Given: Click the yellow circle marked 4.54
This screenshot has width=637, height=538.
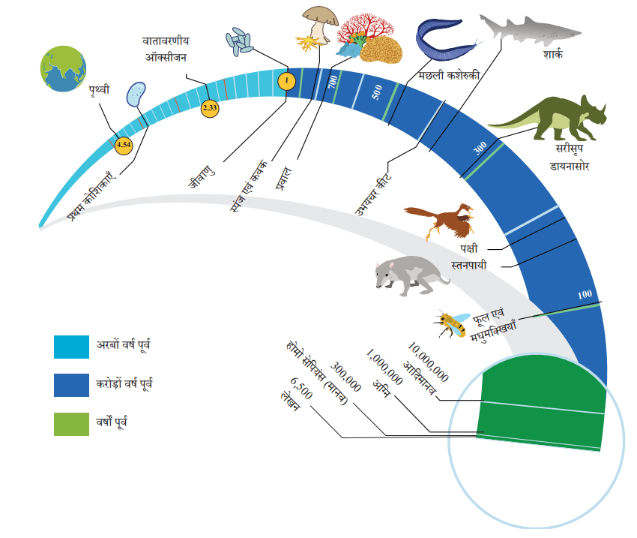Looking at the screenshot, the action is (x=124, y=145).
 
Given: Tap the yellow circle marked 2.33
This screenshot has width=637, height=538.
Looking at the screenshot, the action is (x=210, y=108).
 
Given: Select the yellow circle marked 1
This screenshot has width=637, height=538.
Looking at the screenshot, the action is (x=286, y=80).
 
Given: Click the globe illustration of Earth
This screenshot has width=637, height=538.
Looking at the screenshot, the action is (x=63, y=68).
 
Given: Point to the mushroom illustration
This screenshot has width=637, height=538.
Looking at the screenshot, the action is (x=320, y=25).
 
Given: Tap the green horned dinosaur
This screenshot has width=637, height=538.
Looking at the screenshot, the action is (x=548, y=117).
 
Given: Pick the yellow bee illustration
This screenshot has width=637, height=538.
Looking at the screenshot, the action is (x=451, y=323).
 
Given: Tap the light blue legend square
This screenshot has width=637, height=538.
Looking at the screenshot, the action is (x=71, y=347).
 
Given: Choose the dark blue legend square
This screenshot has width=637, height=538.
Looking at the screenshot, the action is (x=71, y=385).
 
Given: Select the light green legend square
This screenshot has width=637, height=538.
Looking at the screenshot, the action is (x=71, y=424).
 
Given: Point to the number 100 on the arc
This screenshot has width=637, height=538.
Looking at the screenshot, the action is (x=585, y=294).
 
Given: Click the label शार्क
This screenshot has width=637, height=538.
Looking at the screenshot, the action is (x=552, y=54).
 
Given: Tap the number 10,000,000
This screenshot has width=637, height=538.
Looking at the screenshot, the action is (x=428, y=362).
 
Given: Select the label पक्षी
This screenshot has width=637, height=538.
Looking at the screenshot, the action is (x=469, y=248).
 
